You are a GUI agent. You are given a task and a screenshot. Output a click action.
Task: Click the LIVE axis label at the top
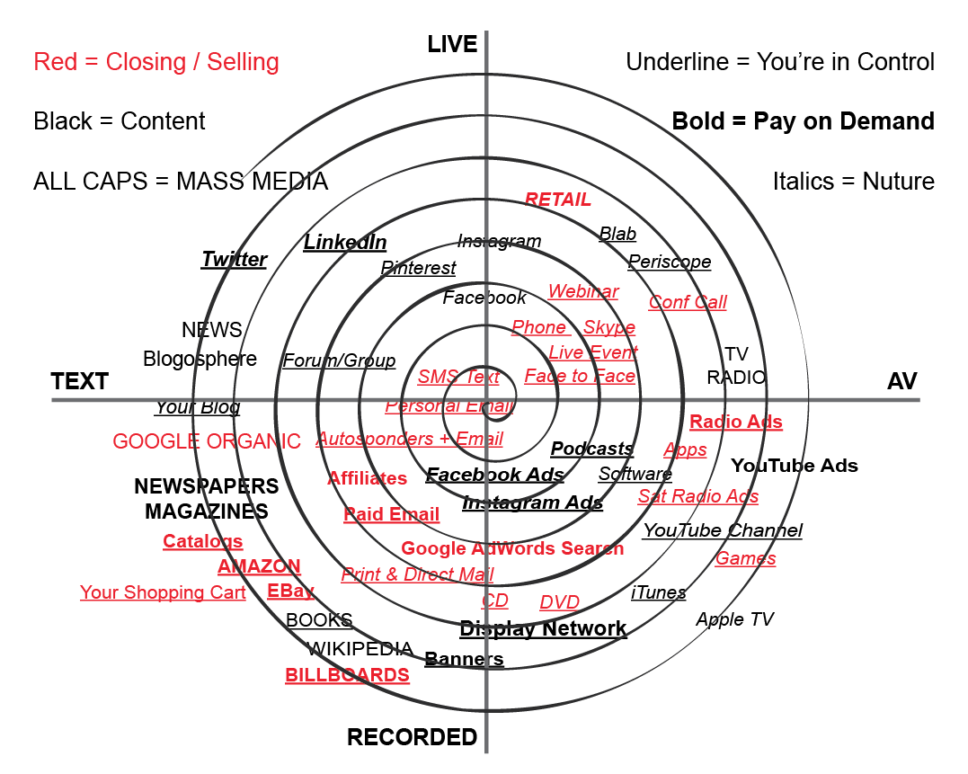452,44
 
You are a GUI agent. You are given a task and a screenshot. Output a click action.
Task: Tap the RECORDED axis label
413,738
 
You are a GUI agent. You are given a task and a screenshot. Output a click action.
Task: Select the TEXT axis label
80,381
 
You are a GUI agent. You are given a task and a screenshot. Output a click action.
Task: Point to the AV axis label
901,381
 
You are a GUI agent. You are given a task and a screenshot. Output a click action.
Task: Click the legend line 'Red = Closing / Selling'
156,62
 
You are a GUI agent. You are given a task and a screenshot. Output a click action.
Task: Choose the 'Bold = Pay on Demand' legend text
803,121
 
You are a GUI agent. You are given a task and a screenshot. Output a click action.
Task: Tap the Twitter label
234,259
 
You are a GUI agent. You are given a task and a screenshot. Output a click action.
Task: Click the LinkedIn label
345,242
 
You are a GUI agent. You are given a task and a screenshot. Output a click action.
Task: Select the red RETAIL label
558,199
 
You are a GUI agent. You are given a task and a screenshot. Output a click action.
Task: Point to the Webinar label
583,291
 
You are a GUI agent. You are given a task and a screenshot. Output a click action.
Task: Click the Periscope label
670,262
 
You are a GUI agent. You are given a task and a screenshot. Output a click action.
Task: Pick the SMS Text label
458,377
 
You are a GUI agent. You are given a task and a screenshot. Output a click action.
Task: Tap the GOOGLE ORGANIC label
207,441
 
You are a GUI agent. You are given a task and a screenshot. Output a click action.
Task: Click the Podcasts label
591,449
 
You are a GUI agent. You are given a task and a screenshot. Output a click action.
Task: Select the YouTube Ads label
794,466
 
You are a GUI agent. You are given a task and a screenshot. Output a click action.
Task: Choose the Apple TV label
734,619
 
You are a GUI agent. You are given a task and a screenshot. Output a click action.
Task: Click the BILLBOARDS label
347,675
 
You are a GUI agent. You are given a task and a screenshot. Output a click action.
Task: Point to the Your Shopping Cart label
163,592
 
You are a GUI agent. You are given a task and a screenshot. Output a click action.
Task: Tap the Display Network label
543,628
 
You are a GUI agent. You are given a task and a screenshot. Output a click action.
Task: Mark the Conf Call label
688,302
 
